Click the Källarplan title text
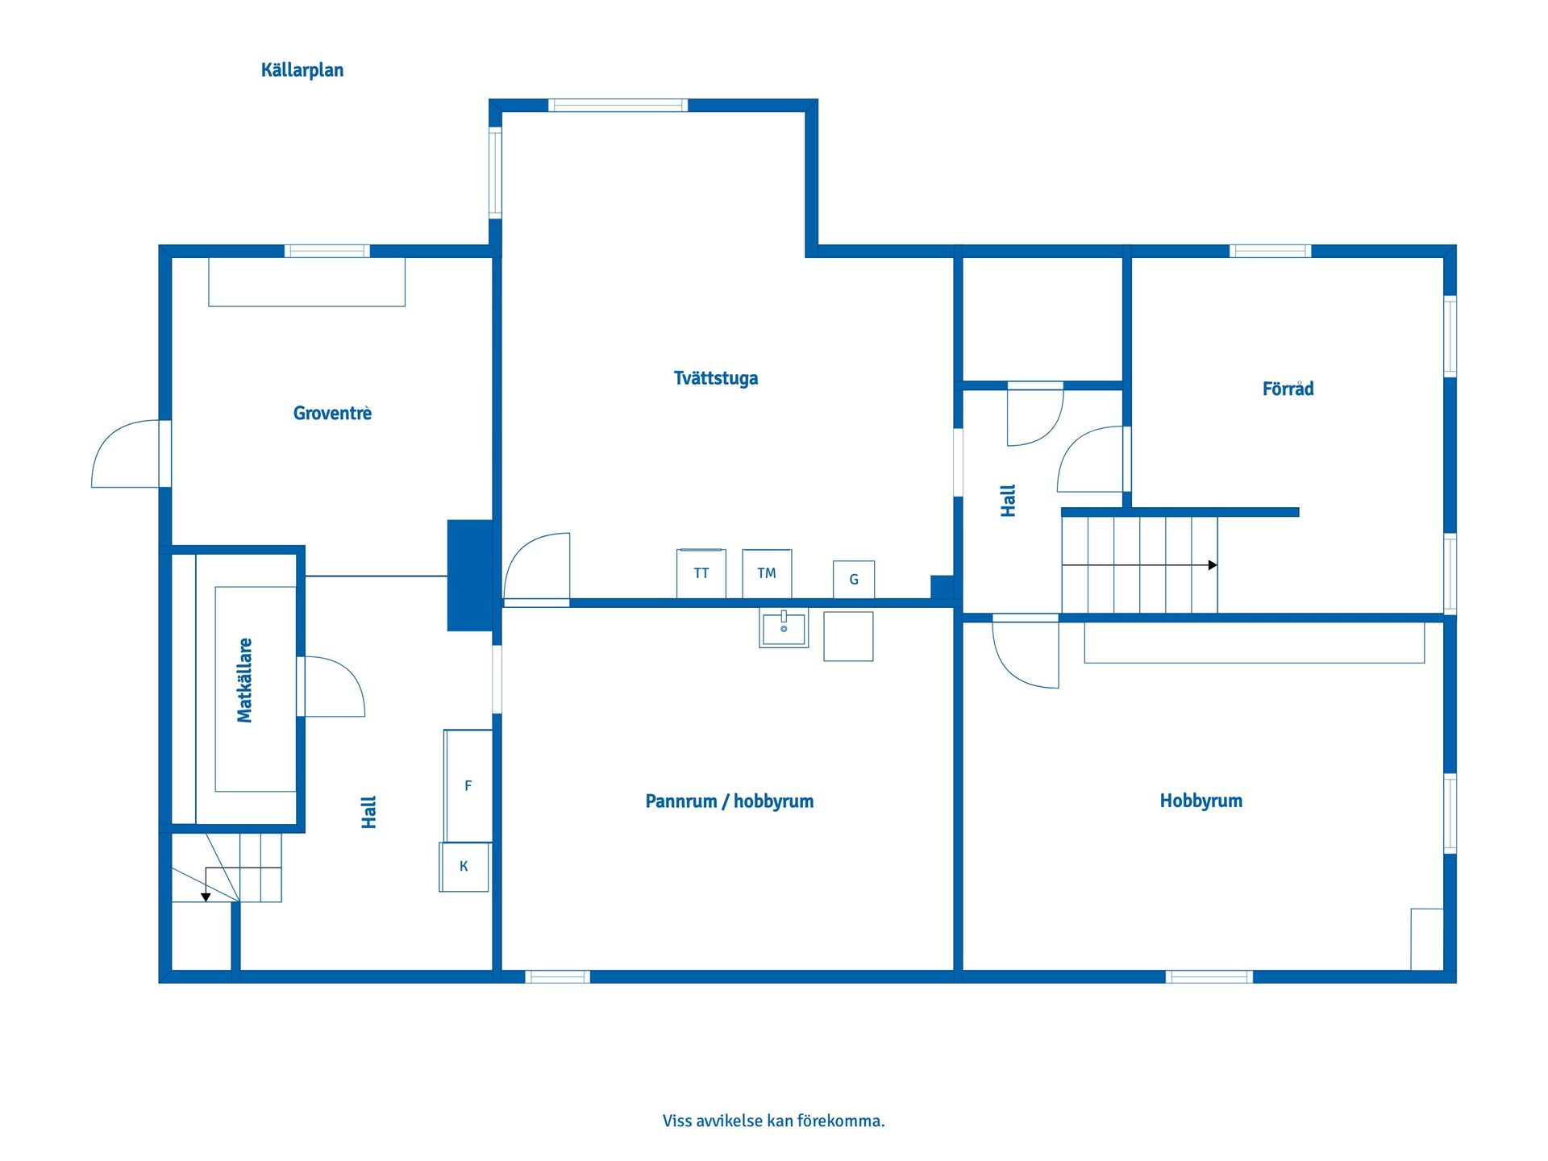[x=302, y=70]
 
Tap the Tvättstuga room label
[x=715, y=378]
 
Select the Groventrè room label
[x=332, y=414]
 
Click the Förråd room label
[x=1288, y=389]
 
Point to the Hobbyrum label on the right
[x=1201, y=801]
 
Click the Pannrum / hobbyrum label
[x=729, y=801]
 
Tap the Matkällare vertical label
[x=245, y=680]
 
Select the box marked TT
[x=701, y=573]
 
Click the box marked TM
[x=766, y=573]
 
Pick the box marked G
[x=853, y=579]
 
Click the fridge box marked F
[x=468, y=785]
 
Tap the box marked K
[x=464, y=867]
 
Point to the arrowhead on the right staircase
[x=1213, y=565]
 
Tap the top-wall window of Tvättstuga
[x=618, y=105]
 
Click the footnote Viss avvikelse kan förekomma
[x=773, y=1121]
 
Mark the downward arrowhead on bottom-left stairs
[x=206, y=897]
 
